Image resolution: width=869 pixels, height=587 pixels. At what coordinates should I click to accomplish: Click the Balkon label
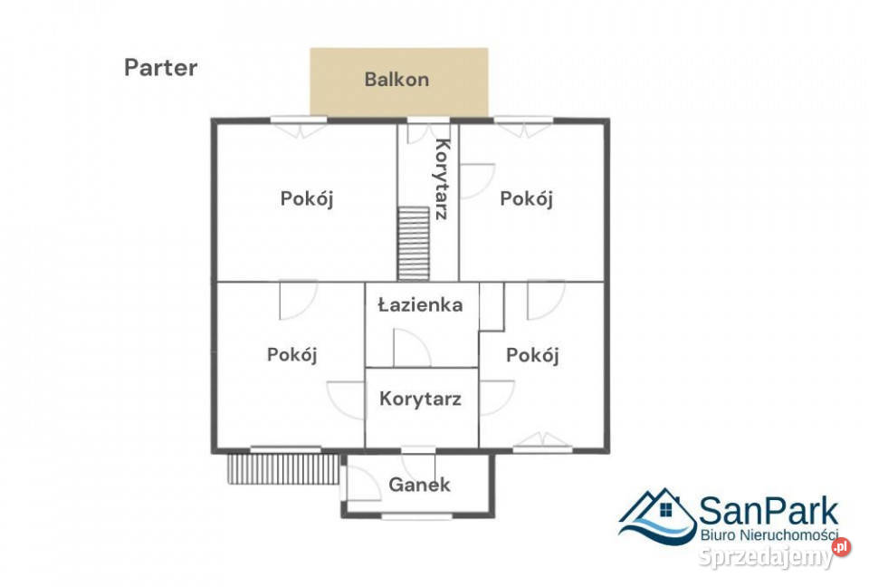point(396,80)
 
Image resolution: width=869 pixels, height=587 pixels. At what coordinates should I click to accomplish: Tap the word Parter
point(160,68)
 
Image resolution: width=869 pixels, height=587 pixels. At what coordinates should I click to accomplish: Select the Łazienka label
point(420,305)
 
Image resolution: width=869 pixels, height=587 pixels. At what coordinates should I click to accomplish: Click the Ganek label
point(419,485)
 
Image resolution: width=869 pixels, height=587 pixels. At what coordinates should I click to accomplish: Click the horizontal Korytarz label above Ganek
point(421,399)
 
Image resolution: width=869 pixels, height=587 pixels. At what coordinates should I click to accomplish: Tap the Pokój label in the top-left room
point(306,199)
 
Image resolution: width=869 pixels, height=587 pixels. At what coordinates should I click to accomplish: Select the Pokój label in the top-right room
point(526,199)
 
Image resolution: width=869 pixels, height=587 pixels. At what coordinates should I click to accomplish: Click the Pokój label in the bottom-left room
point(292,355)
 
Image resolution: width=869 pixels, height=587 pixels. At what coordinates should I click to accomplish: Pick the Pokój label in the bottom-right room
point(532,356)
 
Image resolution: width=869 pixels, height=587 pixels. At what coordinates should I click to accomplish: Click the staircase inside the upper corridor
point(413,243)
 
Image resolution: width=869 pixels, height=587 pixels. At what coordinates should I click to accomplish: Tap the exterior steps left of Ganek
point(282,469)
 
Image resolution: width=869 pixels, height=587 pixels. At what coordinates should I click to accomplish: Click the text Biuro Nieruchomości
point(769,535)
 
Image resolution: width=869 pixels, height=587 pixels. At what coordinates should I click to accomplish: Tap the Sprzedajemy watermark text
point(764,558)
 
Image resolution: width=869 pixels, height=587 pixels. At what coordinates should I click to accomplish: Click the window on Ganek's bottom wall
point(417,516)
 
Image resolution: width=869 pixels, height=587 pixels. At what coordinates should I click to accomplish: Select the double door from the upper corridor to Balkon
point(427,131)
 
